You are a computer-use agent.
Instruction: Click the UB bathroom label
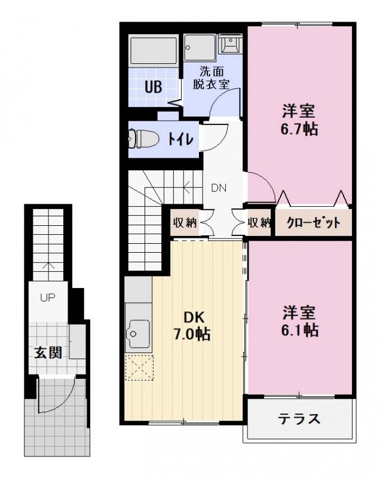coord(153,86)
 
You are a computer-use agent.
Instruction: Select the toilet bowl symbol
coord(144,139)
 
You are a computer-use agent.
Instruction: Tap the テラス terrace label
coord(299,418)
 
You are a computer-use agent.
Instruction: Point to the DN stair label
coord(218,188)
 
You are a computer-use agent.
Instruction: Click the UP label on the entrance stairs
coord(47,297)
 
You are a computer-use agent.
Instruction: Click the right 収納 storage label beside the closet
coord(259,223)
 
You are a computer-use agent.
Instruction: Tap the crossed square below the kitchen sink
coord(140,367)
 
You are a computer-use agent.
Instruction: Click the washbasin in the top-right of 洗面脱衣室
coord(230,44)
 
